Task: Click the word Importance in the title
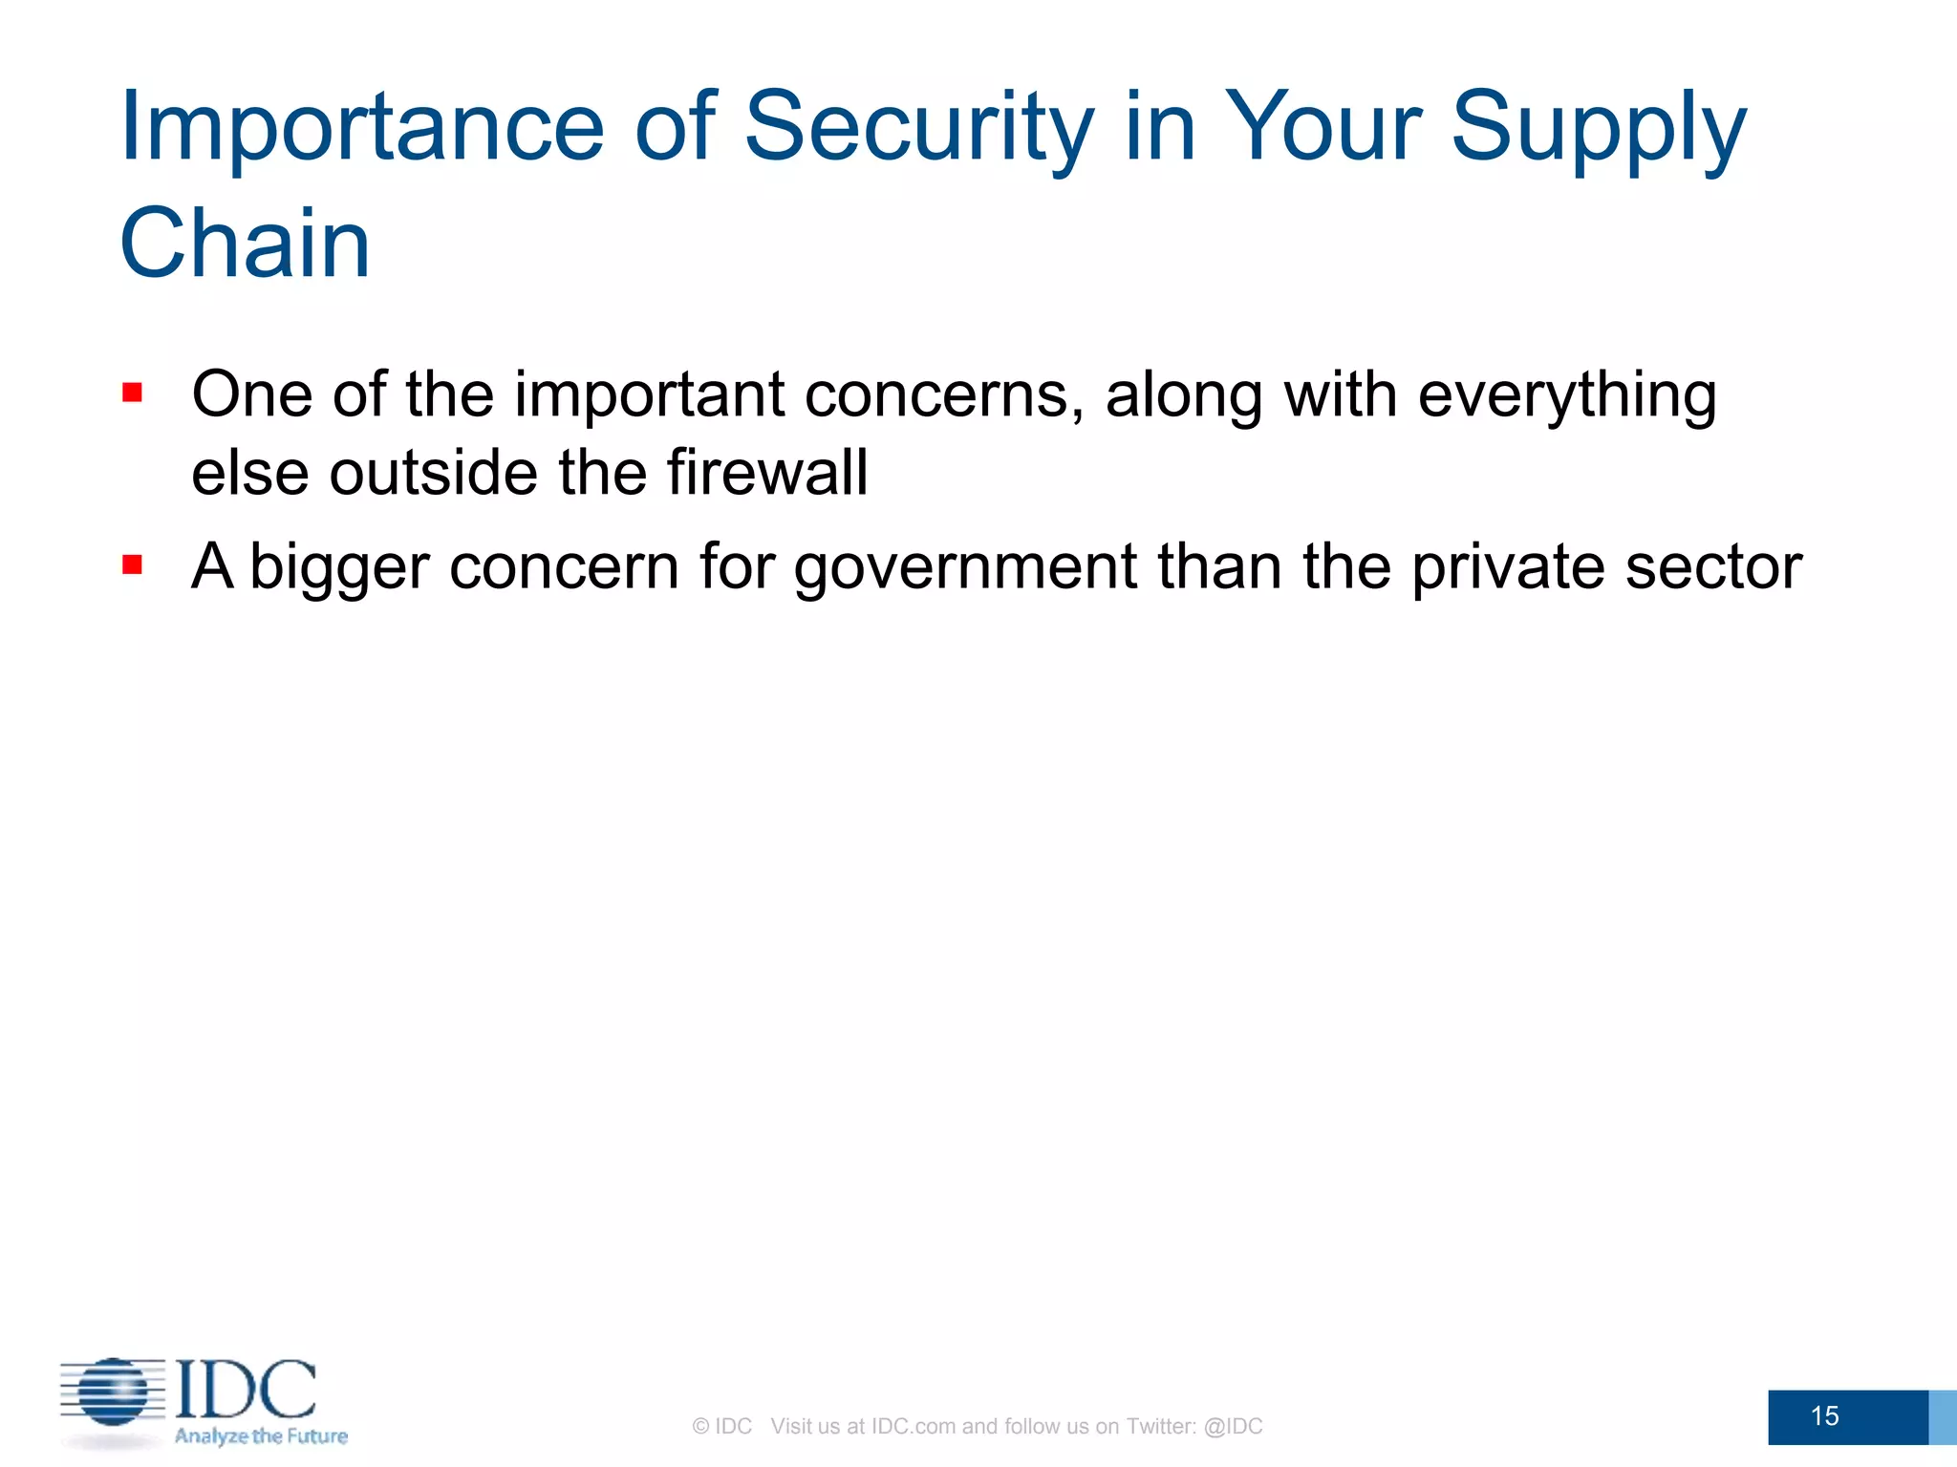point(361,129)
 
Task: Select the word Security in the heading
point(917,129)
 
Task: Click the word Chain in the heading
point(245,244)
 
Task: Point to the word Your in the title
point(1323,129)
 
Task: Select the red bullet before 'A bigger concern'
point(133,565)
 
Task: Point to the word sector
point(1713,566)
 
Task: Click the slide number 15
point(1824,1415)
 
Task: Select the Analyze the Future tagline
point(261,1435)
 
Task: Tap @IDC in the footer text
point(1233,1426)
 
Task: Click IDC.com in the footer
point(914,1426)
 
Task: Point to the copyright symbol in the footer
point(700,1427)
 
